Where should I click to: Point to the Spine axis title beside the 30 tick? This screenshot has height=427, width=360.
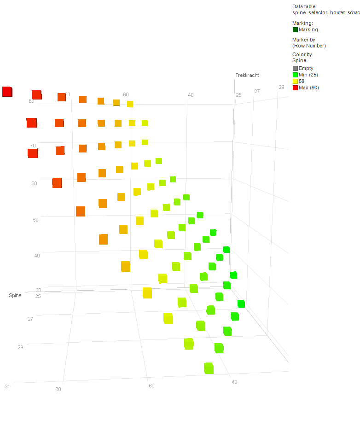coord(15,295)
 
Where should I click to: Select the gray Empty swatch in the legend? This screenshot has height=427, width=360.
coord(295,68)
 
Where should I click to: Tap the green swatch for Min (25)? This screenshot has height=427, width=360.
coord(295,75)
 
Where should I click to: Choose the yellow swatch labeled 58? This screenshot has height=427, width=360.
coord(295,81)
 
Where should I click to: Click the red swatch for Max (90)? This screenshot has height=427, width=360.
coord(295,88)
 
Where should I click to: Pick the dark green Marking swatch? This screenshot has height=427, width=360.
coord(295,29)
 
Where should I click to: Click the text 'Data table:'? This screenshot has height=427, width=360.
coord(304,6)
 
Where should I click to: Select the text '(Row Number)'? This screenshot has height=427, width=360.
coord(309,46)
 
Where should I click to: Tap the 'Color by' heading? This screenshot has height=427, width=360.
coord(302,54)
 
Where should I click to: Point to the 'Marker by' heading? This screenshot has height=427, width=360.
coord(304,40)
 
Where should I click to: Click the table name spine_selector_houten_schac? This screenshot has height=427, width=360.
coord(326,12)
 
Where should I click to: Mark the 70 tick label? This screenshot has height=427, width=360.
coord(33,146)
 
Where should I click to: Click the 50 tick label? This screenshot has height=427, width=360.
coord(35,220)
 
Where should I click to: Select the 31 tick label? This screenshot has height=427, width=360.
coord(7,386)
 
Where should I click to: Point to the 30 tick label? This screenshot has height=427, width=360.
coord(39,290)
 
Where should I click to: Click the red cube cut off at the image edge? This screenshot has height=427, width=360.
coord(7,92)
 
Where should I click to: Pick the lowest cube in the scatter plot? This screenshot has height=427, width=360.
coord(209,368)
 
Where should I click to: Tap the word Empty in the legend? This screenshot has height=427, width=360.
coord(306,68)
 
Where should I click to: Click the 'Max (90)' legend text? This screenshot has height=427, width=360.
coord(309,88)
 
